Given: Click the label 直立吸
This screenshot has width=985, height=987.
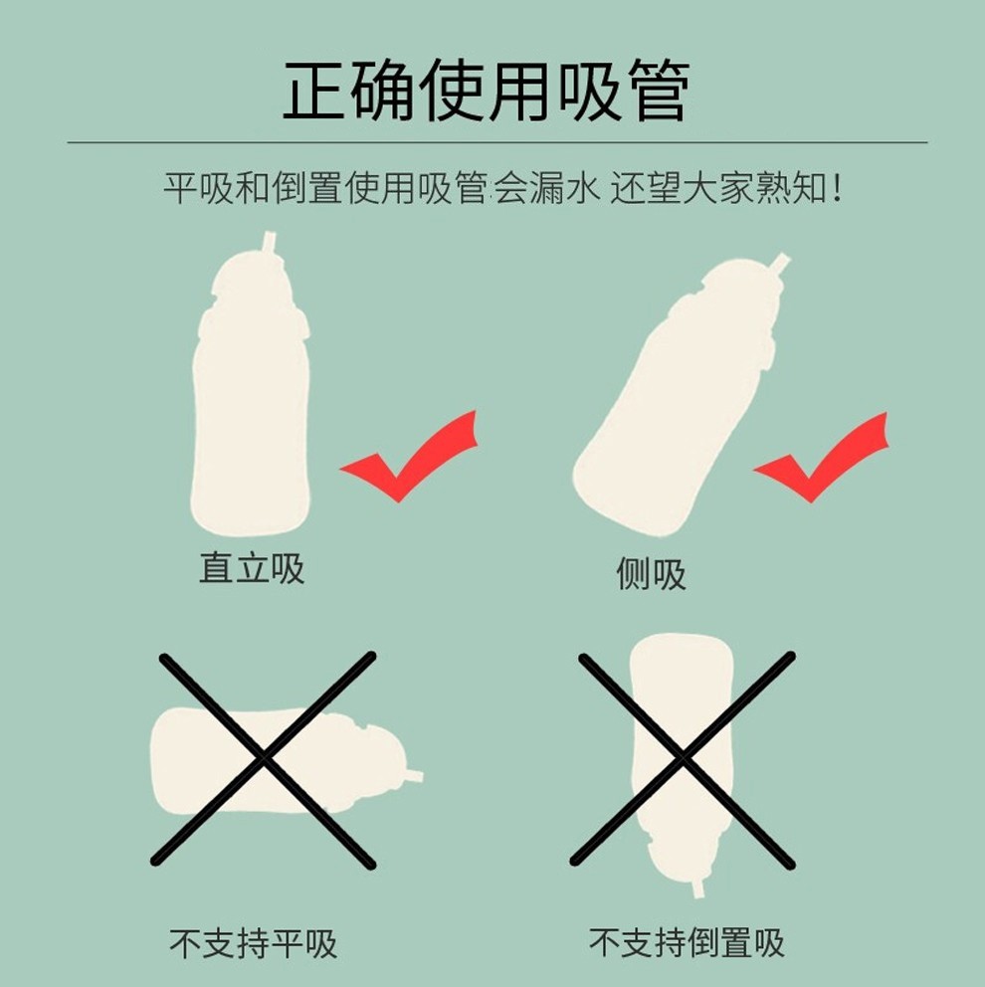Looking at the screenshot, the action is (252, 568).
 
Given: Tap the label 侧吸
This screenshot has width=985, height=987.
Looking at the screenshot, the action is (651, 573).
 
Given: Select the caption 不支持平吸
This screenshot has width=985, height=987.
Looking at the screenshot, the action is (253, 943).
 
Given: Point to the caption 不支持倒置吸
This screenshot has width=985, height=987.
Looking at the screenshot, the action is (687, 942).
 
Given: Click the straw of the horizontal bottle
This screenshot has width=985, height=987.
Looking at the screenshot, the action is (415, 775).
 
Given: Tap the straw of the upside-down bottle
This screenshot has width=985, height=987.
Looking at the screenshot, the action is (698, 888).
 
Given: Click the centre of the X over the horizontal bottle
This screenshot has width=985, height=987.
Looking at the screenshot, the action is (263, 759).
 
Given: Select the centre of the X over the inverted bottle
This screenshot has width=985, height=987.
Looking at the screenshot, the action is (683, 759).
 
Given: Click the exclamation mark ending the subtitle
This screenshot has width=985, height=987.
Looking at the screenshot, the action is (836, 188).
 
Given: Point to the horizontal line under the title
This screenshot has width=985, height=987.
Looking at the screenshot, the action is (497, 142).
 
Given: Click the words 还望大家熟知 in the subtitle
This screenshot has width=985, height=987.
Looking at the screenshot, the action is (718, 188).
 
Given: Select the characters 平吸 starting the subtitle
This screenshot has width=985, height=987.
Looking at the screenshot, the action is (199, 188).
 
